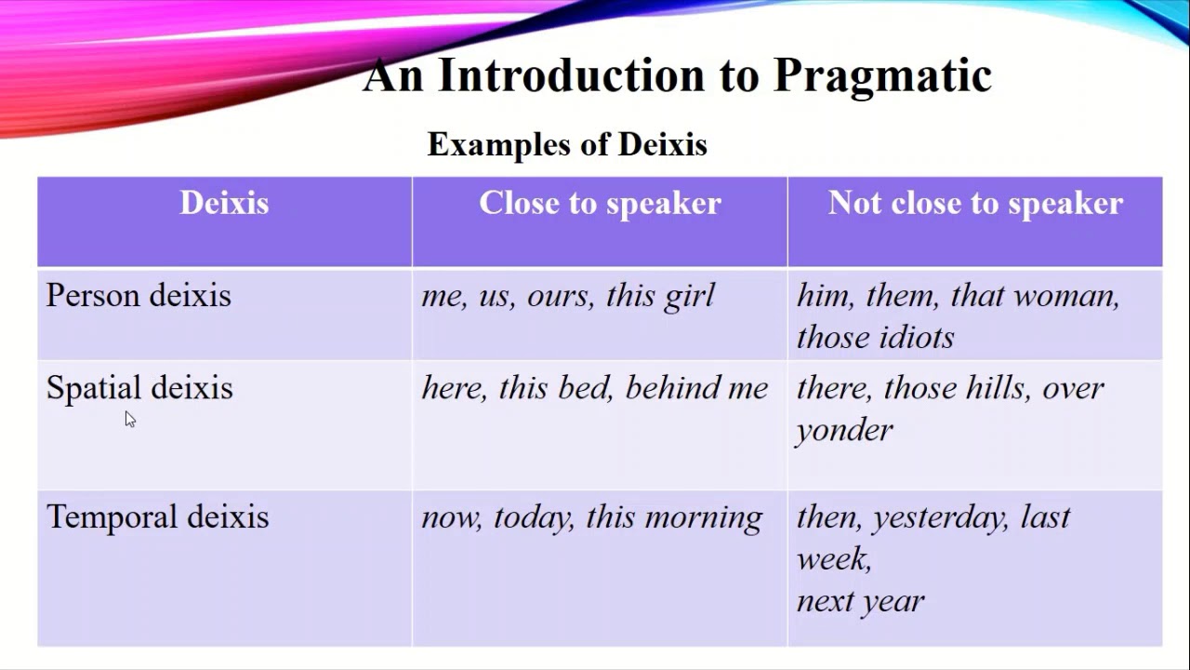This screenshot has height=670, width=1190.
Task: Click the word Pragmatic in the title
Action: tap(882, 77)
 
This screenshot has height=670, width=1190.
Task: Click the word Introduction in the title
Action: tap(572, 75)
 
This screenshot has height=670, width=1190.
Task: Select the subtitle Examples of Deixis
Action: tap(567, 144)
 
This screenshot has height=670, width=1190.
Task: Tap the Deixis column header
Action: tap(224, 203)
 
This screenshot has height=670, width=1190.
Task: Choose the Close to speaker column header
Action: tap(601, 204)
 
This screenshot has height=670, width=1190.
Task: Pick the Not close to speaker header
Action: tap(975, 204)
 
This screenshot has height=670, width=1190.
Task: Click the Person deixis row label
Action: tap(139, 295)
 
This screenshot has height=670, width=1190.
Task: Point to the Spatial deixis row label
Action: tap(139, 389)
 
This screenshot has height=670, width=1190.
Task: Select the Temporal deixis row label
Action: tap(158, 516)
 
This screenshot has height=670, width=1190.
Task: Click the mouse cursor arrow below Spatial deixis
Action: tap(130, 419)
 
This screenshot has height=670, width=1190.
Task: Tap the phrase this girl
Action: tap(660, 297)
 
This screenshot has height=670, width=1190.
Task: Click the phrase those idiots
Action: tap(876, 338)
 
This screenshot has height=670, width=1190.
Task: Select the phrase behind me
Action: tap(696, 388)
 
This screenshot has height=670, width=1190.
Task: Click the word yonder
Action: tap(844, 431)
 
